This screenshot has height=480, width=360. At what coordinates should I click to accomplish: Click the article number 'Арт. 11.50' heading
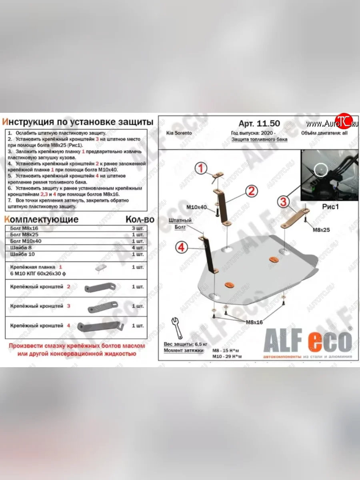tap(260, 123)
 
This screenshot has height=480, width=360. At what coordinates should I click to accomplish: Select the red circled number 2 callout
tap(250, 191)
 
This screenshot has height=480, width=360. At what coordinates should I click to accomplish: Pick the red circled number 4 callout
tap(181, 248)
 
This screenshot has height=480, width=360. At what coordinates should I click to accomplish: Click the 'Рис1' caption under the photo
tap(330, 207)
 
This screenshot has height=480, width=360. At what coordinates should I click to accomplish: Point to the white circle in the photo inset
tap(322, 170)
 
